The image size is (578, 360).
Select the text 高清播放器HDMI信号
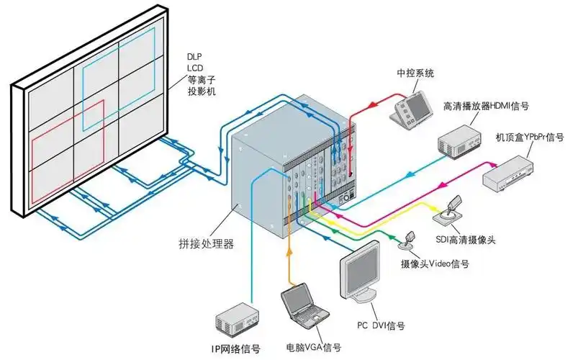coord(486,107)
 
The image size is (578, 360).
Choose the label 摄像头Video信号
coord(435,264)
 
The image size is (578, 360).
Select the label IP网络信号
coord(235,349)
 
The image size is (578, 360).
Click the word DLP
coord(194,56)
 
